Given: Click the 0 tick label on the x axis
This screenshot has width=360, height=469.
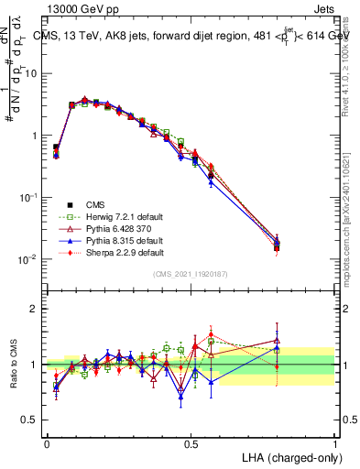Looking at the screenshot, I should [47, 442].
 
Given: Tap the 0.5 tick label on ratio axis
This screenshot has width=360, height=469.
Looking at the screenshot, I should [30, 420].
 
